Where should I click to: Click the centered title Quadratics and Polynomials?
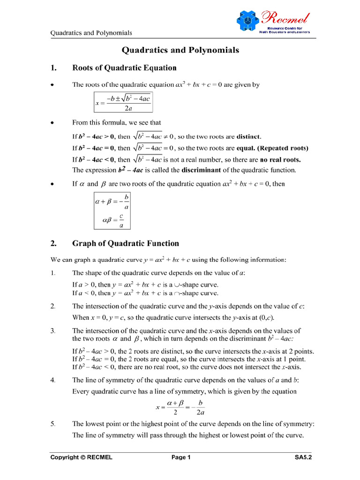pyautogui.click(x=180, y=50)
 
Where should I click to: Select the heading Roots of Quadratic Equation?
pyautogui.click(x=124, y=68)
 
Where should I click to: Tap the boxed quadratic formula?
pyautogui.click(x=123, y=102)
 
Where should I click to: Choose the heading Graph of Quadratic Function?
pyautogui.click(x=125, y=244)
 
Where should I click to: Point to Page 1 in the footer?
pyautogui.click(x=181, y=457)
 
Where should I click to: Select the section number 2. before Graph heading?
pyautogui.click(x=53, y=244)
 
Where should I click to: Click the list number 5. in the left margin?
pyautogui.click(x=53, y=424)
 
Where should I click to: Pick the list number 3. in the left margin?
pyautogui.click(x=53, y=330)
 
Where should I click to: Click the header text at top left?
pyautogui.click(x=91, y=33)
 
